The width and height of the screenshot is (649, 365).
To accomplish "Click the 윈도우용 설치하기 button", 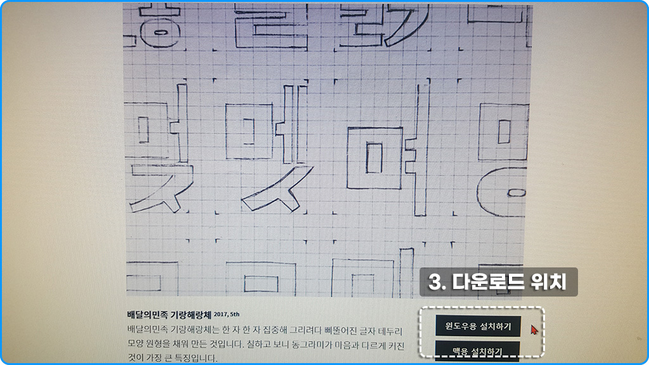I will [478, 326].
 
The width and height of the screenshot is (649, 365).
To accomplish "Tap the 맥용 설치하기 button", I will [478, 350].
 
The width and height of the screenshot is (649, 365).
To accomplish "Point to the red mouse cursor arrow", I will [534, 330].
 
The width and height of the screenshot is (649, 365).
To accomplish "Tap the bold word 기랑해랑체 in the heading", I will [190, 314].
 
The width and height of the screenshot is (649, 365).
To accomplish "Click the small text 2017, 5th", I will [227, 314].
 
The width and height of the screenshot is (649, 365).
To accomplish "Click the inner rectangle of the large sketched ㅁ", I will [374, 158].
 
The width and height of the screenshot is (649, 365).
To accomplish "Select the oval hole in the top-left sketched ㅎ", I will [161, 31].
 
